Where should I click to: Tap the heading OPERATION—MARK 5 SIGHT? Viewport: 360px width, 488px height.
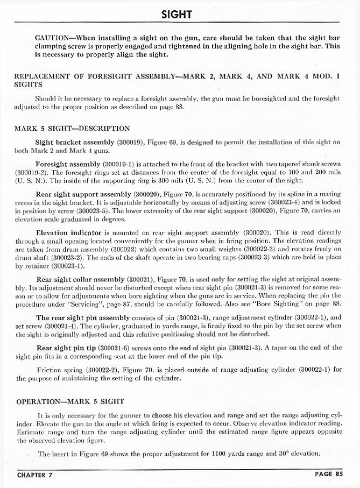click(70, 401)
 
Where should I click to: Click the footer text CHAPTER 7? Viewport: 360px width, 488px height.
click(37, 475)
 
